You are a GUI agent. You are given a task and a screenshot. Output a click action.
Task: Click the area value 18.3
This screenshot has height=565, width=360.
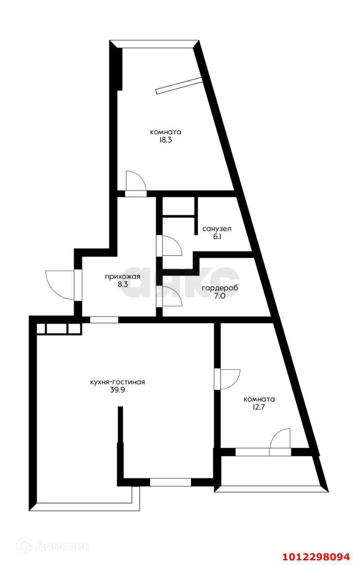(x=166, y=140)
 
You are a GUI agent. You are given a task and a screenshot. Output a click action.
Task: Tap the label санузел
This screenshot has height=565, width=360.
(x=217, y=229)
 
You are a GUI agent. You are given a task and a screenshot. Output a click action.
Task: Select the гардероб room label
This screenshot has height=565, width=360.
(x=216, y=288)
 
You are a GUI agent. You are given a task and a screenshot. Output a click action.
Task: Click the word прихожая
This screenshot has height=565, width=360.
(x=122, y=277)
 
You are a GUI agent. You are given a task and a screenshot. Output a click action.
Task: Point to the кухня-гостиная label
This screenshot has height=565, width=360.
(x=117, y=382)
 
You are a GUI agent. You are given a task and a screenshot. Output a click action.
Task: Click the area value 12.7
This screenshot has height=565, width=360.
(x=259, y=407)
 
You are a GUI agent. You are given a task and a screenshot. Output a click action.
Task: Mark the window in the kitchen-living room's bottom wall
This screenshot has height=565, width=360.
(x=170, y=482)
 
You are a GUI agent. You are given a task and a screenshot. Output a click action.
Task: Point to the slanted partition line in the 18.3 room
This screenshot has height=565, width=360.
(x=179, y=85)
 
